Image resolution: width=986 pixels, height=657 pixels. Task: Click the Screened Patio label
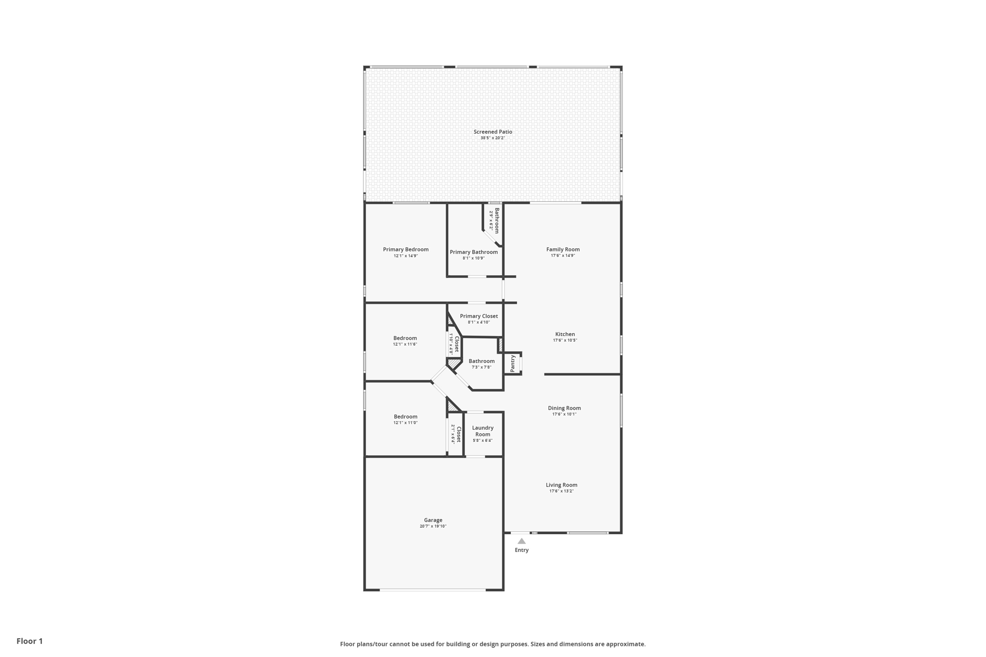click(x=493, y=132)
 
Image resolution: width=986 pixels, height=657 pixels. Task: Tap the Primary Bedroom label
click(x=405, y=249)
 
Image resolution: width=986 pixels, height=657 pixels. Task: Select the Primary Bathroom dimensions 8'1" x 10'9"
click(x=474, y=258)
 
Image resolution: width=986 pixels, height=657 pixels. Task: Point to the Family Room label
click(x=563, y=249)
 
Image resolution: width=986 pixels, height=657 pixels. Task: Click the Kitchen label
click(x=565, y=334)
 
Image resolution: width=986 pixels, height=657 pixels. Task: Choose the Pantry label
click(x=512, y=363)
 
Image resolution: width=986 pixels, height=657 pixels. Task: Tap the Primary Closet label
click(x=479, y=316)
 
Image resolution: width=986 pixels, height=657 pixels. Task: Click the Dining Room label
click(x=564, y=408)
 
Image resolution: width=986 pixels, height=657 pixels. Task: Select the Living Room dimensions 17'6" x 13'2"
click(x=561, y=491)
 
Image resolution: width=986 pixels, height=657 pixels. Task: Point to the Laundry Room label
click(x=482, y=431)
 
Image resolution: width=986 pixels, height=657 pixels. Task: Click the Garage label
click(x=433, y=520)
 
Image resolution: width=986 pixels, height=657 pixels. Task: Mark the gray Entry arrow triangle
click(x=521, y=541)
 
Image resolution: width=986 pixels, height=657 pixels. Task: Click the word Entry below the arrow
click(x=521, y=550)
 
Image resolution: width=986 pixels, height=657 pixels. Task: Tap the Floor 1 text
click(x=29, y=641)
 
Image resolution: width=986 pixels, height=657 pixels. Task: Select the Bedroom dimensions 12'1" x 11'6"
click(x=405, y=345)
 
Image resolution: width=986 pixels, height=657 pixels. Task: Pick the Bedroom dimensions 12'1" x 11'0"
click(x=405, y=423)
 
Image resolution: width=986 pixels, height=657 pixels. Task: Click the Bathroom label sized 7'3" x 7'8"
click(x=481, y=361)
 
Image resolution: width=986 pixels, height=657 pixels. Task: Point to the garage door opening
click(x=432, y=590)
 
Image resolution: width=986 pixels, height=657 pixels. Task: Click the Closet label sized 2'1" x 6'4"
click(x=458, y=434)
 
